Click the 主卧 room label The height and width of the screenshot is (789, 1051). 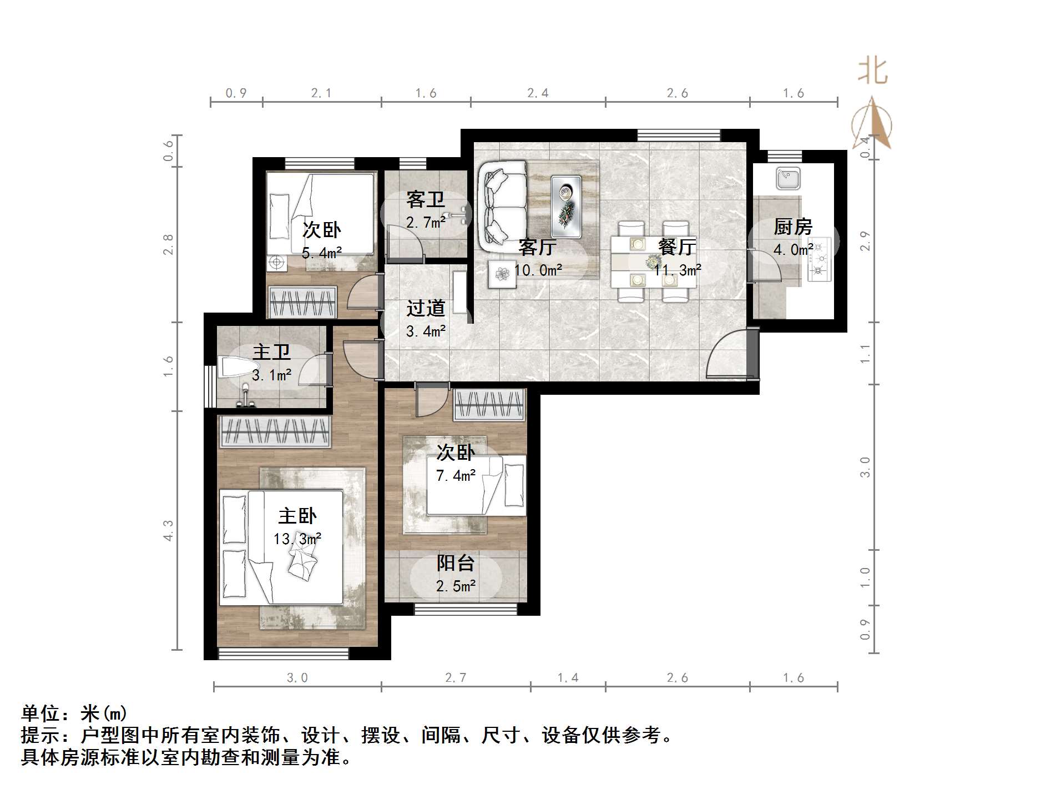pos(297,516)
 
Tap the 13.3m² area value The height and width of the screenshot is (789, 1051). pos(297,539)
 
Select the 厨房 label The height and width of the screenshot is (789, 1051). pos(793,227)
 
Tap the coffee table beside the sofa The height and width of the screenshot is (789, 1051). pos(566,206)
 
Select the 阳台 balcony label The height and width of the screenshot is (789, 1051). pos(456,563)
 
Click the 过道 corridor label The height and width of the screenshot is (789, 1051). pos(426,308)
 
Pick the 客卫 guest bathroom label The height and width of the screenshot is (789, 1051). pos(426,199)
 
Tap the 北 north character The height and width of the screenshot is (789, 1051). pos(873,72)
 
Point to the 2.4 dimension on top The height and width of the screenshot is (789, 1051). pos(538,93)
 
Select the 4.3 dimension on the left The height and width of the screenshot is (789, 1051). pos(168,530)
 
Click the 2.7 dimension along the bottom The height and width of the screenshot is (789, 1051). pos(456,677)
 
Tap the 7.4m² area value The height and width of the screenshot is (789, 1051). pos(456,475)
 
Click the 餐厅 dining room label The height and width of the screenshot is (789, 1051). pos(677,247)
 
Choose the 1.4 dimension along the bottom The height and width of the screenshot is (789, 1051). pos(568,677)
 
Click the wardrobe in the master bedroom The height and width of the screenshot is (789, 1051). pos(275,431)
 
